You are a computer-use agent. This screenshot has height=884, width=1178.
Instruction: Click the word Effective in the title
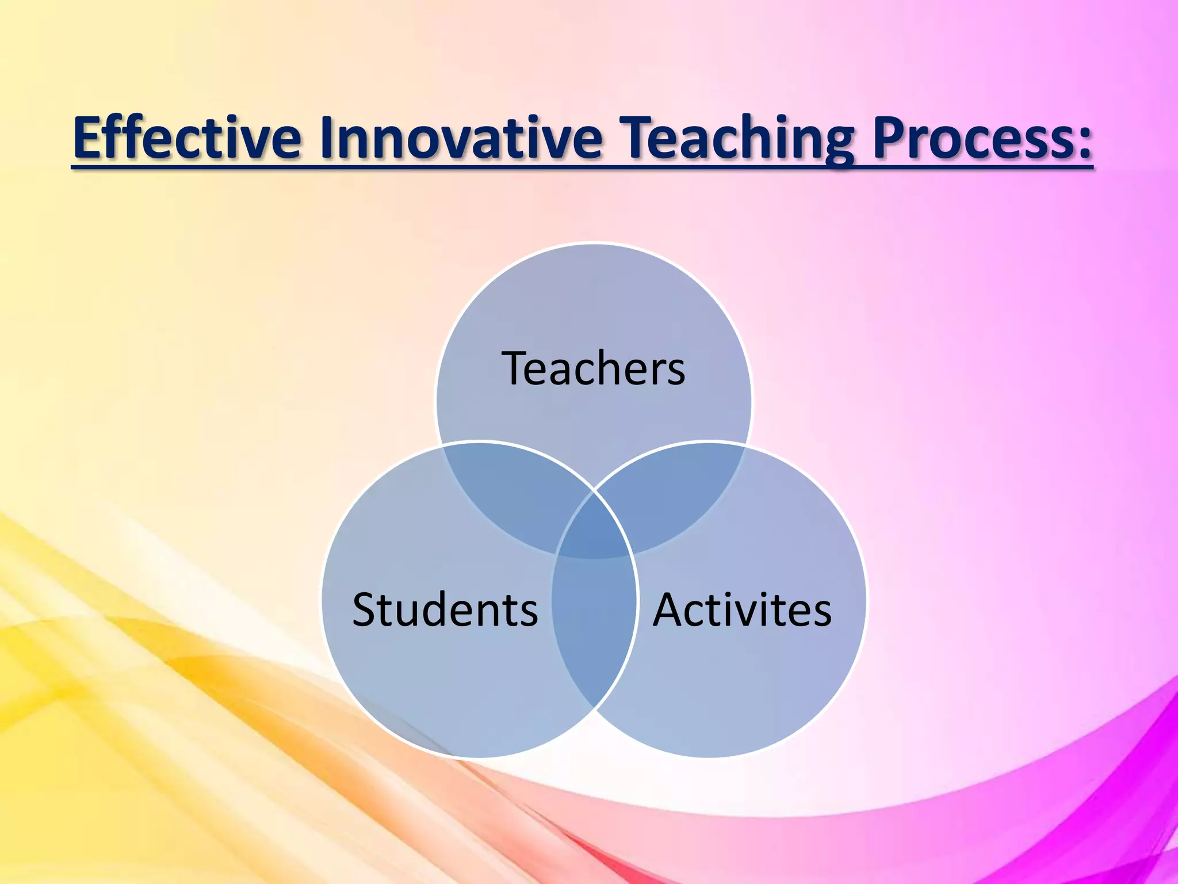click(x=187, y=138)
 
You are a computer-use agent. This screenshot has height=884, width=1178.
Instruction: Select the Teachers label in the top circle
click(x=594, y=368)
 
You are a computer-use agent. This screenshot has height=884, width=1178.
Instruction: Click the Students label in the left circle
click(x=445, y=610)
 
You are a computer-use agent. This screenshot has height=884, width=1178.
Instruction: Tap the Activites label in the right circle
click(x=742, y=610)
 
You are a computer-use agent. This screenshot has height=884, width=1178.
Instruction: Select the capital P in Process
click(x=890, y=138)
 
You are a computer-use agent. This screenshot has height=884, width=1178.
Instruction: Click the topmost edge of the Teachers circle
click(x=594, y=243)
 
